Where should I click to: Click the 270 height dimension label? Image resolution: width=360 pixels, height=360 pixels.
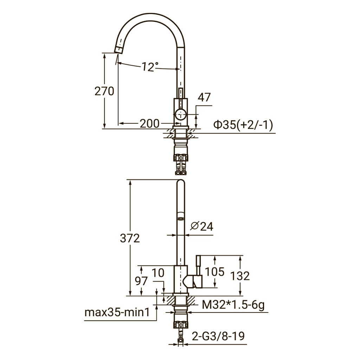pyautogui.click(x=104, y=91)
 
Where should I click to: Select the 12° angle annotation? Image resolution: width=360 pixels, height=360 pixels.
pyautogui.click(x=150, y=67)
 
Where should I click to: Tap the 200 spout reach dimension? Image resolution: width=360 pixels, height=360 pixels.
pyautogui.click(x=149, y=123)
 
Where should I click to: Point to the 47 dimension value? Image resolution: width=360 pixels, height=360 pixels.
pyautogui.click(x=204, y=97)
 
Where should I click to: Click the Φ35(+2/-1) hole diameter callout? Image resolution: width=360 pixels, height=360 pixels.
pyautogui.click(x=243, y=125)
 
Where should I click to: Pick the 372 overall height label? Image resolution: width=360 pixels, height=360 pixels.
pyautogui.click(x=130, y=238)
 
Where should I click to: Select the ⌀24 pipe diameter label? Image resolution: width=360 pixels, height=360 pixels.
pyautogui.click(x=202, y=226)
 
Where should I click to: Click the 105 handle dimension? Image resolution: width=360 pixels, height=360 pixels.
pyautogui.click(x=214, y=272)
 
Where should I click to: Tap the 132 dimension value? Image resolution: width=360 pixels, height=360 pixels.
pyautogui.click(x=240, y=276)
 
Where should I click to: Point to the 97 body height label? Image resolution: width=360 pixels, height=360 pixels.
pyautogui.click(x=141, y=281)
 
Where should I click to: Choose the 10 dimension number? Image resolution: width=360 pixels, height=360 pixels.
pyautogui.click(x=158, y=273)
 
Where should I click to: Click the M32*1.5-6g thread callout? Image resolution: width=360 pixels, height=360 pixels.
pyautogui.click(x=233, y=305)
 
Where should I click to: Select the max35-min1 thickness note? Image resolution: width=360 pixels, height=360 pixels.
pyautogui.click(x=117, y=312)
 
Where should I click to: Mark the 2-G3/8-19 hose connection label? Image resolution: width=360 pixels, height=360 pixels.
pyautogui.click(x=218, y=336)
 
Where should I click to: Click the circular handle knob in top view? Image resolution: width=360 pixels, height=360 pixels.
pyautogui.click(x=181, y=114)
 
